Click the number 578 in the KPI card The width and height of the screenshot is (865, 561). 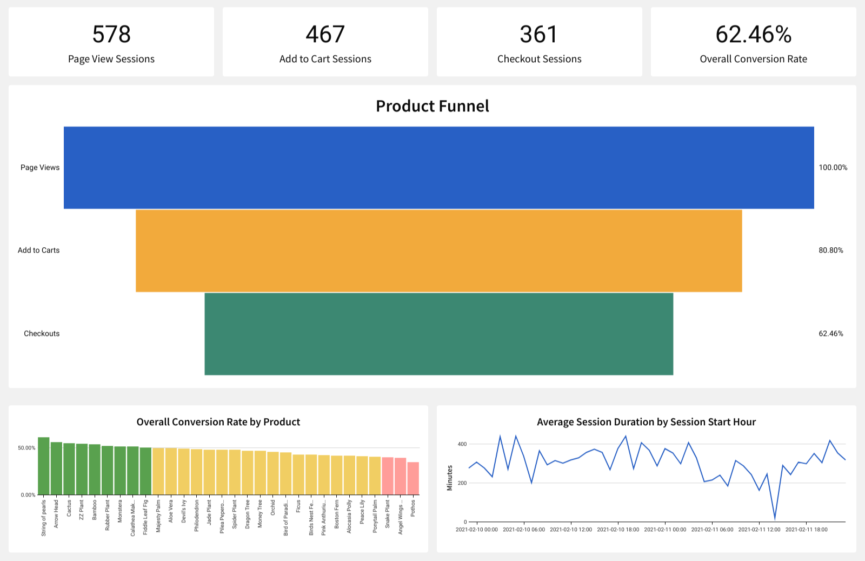[111, 35]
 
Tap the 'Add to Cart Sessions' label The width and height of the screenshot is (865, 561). [325, 59]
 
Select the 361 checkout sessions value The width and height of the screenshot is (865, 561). [538, 35]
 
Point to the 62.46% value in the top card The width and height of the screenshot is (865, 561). [753, 35]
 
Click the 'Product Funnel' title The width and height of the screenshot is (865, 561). [432, 106]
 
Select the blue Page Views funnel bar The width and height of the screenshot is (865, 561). [438, 168]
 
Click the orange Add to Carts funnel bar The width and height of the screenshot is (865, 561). [438, 250]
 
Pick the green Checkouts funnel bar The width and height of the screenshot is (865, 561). [438, 334]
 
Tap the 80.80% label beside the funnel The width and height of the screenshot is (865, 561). [830, 250]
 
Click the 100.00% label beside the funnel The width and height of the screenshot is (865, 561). [833, 168]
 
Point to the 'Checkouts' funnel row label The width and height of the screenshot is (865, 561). [42, 334]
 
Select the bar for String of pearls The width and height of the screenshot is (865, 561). [44, 466]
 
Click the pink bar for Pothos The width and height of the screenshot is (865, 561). [413, 478]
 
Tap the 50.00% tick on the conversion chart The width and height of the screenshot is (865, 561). [26, 448]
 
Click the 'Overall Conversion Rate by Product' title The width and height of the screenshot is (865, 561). [218, 422]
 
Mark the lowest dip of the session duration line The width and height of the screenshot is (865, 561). [775, 518]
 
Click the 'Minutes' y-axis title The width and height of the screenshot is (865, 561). [450, 478]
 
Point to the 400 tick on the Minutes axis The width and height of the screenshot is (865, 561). [462, 444]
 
